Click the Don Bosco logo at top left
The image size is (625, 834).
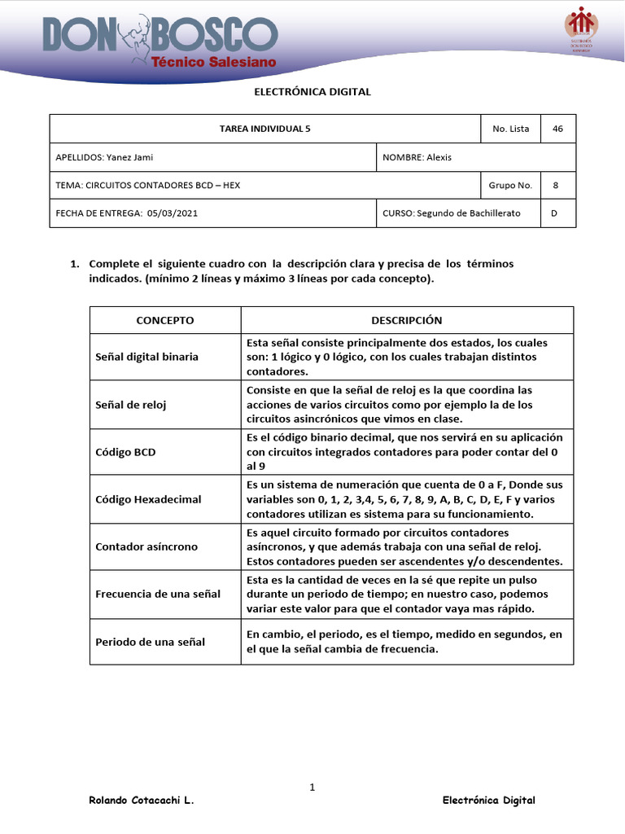160,43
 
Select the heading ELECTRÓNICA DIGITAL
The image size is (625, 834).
312,92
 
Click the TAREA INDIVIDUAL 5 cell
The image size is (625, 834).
264,129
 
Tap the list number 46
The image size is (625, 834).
557,129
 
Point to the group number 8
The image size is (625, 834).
556,185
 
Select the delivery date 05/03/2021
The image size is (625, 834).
173,213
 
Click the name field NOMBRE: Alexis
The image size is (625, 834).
417,157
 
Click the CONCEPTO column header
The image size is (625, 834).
164,320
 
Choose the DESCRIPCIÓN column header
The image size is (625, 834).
406,320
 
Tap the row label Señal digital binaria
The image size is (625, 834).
146,357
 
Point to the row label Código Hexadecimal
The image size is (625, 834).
147,498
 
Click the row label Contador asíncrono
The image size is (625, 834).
146,546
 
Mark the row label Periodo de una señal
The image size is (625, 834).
150,642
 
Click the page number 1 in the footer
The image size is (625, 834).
312,787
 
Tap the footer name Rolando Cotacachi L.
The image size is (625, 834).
141,801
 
